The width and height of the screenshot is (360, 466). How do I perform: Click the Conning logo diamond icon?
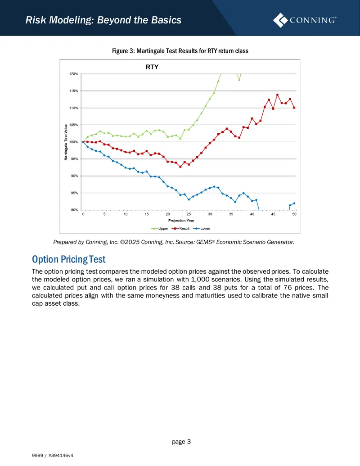click(280, 20)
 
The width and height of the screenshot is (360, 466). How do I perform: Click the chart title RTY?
click(152, 67)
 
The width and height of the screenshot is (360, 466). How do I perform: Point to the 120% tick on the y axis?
click(74, 74)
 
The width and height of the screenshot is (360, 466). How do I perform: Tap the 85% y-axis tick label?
click(74, 193)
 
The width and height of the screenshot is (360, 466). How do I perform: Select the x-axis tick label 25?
click(189, 214)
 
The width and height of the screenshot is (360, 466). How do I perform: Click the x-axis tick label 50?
click(294, 214)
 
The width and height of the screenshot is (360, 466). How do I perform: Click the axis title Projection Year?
click(181, 221)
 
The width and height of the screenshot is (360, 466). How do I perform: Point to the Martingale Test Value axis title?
click(66, 142)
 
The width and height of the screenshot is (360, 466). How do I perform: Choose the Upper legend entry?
click(159, 229)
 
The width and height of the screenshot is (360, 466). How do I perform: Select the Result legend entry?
click(180, 229)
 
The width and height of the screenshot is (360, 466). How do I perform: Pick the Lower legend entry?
click(202, 229)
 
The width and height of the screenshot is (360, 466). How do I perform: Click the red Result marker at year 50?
click(294, 108)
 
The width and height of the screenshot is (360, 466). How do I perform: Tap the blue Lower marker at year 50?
click(294, 203)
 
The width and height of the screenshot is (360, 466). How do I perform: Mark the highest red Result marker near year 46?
click(278, 95)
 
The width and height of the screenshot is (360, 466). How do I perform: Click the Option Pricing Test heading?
click(68, 259)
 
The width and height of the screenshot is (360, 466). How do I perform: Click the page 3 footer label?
click(181, 442)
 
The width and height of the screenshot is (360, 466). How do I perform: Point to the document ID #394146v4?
click(61, 455)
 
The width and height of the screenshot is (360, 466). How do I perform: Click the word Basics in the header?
click(166, 20)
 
